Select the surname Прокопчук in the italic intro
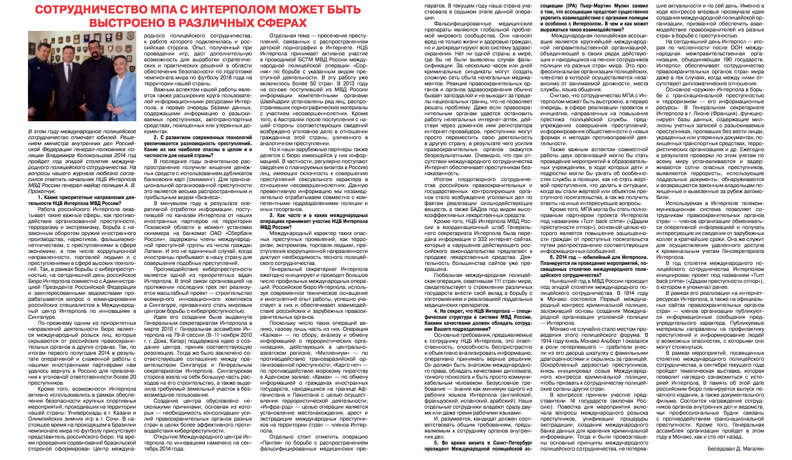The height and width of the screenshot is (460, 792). pos(43,192)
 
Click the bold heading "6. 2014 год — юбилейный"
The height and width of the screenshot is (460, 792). pos(594,257)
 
